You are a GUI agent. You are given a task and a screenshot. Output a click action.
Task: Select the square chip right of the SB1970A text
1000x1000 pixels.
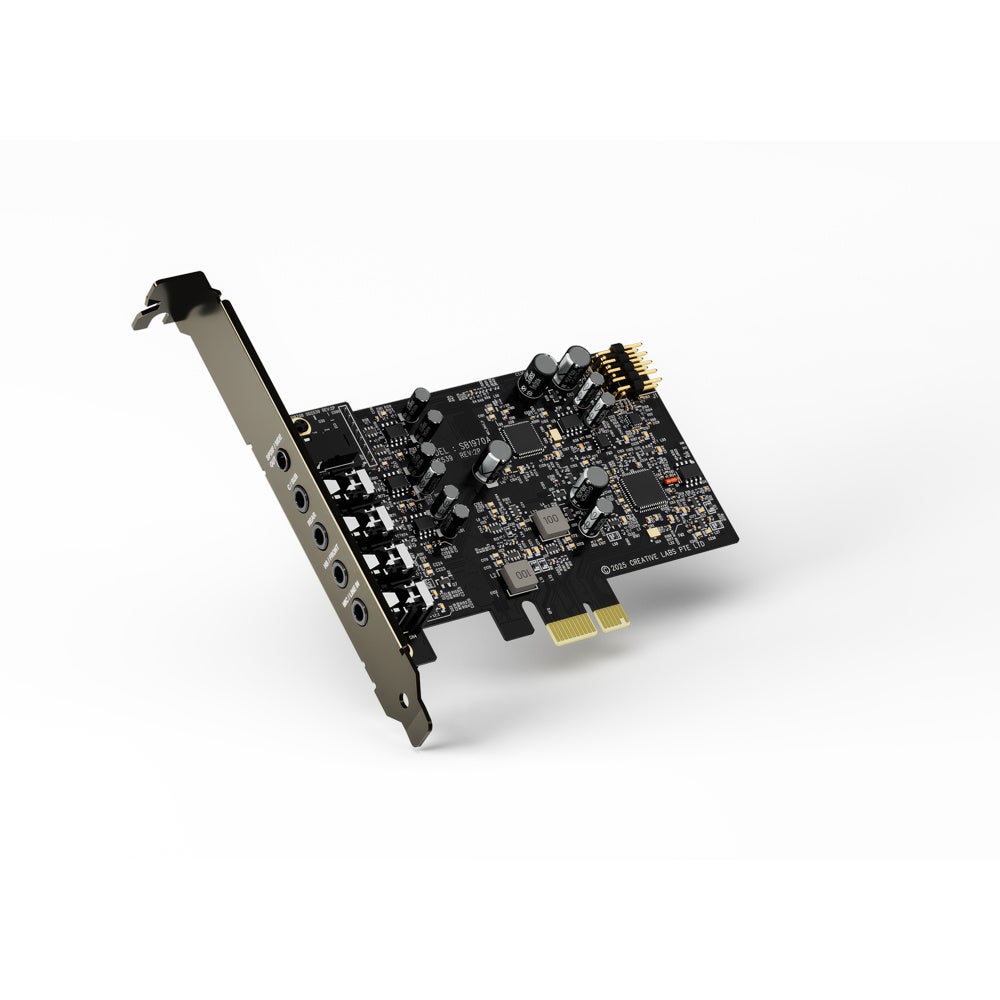[522, 435]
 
